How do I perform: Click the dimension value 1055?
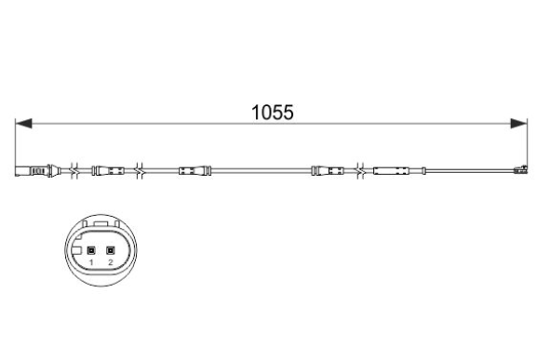(x=272, y=113)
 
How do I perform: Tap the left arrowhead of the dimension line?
(x=23, y=124)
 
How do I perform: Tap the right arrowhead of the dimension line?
(x=518, y=124)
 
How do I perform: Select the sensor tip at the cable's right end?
(x=520, y=170)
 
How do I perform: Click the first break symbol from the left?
(x=74, y=171)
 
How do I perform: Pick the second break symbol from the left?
(x=140, y=171)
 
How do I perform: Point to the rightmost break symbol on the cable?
(x=360, y=171)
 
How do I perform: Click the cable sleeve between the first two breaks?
(x=108, y=171)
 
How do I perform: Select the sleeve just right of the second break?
(x=195, y=171)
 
